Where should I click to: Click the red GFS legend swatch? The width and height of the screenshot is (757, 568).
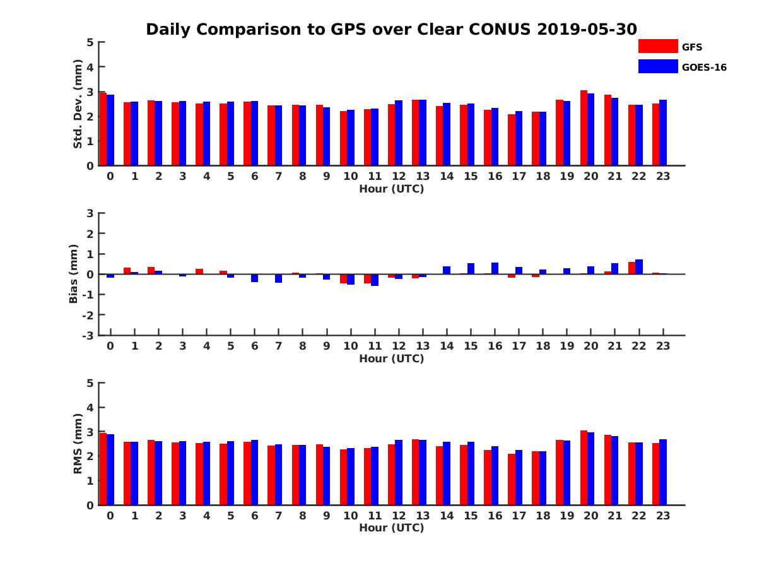(658, 46)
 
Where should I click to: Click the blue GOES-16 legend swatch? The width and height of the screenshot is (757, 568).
(658, 66)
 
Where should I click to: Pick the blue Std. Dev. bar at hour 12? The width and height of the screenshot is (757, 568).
(399, 133)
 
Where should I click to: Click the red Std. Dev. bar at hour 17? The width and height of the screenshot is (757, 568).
(512, 140)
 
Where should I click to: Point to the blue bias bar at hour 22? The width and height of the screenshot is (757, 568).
(639, 267)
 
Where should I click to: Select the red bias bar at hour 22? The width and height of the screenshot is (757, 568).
(631, 268)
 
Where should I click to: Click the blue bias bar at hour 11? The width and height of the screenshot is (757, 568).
(375, 280)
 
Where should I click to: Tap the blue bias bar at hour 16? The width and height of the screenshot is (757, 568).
(495, 268)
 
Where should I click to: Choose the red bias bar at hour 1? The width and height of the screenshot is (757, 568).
(127, 271)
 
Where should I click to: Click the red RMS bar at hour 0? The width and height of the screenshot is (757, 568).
(103, 469)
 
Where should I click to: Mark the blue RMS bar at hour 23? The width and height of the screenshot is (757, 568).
(663, 472)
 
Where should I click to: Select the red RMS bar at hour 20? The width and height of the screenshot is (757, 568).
(584, 468)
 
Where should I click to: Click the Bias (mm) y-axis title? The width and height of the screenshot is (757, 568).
(74, 274)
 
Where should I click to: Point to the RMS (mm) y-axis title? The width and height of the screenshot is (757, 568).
(78, 444)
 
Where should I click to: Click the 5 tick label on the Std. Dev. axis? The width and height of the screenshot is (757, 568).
(91, 42)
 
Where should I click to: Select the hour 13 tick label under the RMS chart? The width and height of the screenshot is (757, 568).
(422, 515)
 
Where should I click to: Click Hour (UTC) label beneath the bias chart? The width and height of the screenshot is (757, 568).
(391, 358)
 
